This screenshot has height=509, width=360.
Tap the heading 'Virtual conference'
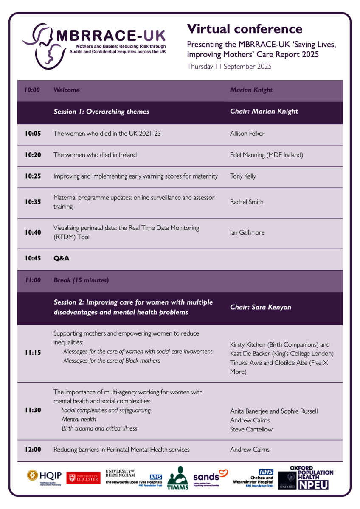(245, 29)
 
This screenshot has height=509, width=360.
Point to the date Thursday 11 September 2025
(229, 67)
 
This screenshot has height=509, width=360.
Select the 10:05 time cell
(33, 134)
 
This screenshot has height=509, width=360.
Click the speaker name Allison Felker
(247, 134)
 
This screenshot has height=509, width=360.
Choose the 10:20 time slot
(33, 155)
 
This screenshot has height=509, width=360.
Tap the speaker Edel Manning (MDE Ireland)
(266, 155)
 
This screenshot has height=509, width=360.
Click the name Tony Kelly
(243, 176)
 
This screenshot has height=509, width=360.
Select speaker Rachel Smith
(246, 202)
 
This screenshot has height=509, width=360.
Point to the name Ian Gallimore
(247, 232)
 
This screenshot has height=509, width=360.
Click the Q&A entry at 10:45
(61, 258)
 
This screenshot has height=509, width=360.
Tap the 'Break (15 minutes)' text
(81, 280)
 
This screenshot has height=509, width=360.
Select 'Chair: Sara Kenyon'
(260, 307)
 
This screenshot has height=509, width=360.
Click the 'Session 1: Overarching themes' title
(101, 112)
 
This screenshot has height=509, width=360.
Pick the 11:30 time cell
(33, 411)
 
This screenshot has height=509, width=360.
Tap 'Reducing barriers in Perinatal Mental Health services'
(121, 450)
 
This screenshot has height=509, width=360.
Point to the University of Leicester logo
(84, 478)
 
